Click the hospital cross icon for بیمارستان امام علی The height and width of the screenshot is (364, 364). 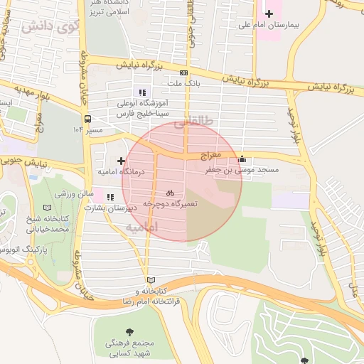coord(269,13)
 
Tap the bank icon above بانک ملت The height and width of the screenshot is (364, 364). coord(184,73)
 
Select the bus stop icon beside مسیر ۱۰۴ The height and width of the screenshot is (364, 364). coord(87,119)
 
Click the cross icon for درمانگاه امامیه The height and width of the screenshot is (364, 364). coord(122,161)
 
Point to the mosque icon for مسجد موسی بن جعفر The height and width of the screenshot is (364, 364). coord(242,159)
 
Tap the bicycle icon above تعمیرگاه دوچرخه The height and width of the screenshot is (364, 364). coord(170,192)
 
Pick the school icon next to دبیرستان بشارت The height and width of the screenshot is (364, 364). coord(109,198)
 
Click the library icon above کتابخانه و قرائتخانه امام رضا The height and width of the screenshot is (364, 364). coord(149,280)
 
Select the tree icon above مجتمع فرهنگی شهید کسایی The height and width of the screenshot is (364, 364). coord(129,331)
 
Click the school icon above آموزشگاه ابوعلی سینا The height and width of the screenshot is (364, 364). coord(142,92)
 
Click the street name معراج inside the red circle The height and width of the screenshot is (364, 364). coord(210,154)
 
